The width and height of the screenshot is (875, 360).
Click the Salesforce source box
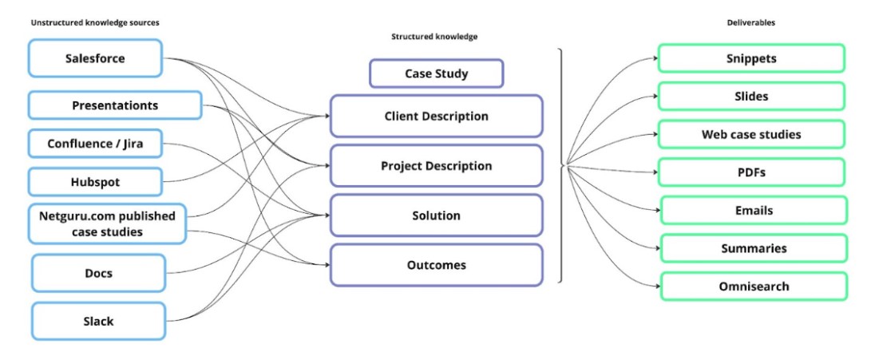click(x=96, y=58)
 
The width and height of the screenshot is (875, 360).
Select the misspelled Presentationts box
click(x=115, y=105)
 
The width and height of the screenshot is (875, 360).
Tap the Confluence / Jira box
click(x=95, y=144)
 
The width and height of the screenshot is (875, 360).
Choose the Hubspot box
click(x=95, y=182)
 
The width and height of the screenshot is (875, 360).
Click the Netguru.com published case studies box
click(x=107, y=224)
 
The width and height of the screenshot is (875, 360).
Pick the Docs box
click(x=98, y=273)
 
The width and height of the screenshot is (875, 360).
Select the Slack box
click(x=98, y=321)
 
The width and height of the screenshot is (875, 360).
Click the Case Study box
click(x=436, y=73)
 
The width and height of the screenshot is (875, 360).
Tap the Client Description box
click(x=436, y=117)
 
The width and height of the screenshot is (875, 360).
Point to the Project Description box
click(x=436, y=166)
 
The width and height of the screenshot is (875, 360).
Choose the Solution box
click(x=436, y=216)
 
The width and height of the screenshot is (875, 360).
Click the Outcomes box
click(x=436, y=265)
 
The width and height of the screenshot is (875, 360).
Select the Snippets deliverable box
click(x=750, y=58)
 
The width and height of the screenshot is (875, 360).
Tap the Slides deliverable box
click(x=750, y=97)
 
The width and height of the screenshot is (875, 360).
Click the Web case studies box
click(x=750, y=134)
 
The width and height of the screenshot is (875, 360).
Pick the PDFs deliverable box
click(x=750, y=172)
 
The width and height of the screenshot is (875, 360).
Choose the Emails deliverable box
click(x=750, y=211)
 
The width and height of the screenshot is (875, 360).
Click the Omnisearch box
click(x=750, y=287)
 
